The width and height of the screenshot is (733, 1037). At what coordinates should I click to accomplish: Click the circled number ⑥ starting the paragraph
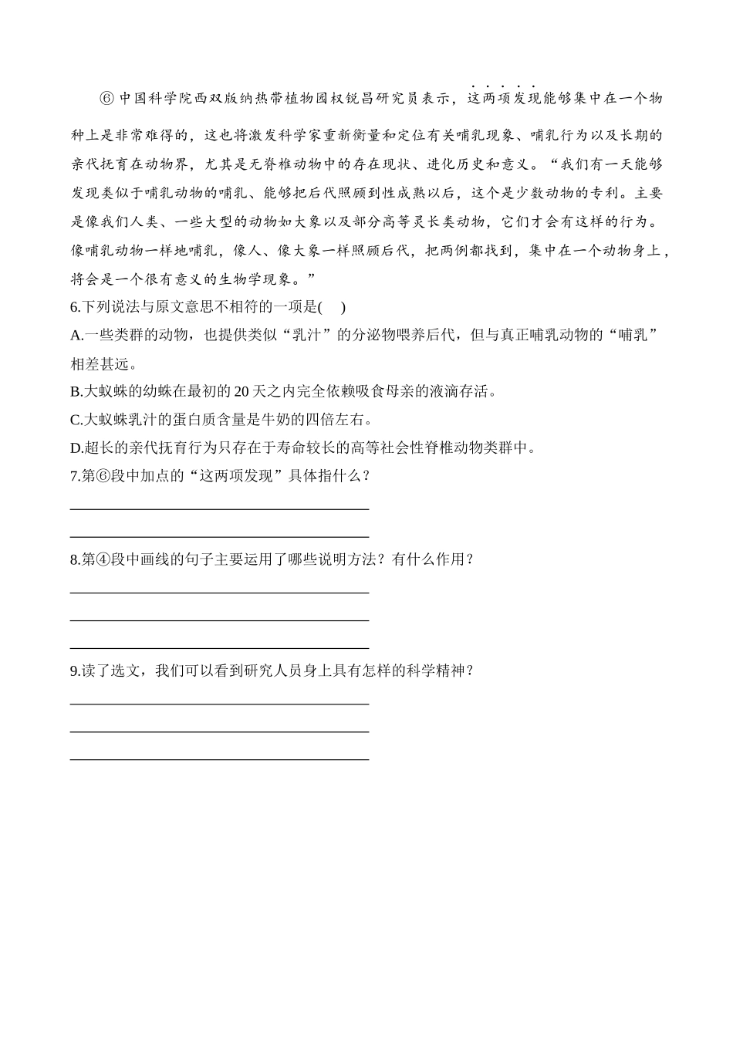point(106,98)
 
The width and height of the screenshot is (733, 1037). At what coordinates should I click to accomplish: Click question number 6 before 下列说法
point(73,307)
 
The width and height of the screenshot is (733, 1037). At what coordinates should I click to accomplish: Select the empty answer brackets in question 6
point(332,307)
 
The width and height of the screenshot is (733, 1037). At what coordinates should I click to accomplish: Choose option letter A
point(75,335)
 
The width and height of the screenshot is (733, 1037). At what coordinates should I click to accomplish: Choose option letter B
point(75,391)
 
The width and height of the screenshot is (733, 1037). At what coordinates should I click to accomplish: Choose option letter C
point(75,420)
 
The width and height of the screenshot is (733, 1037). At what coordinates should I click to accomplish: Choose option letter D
point(75,448)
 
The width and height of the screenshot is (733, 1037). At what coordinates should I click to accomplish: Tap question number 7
point(73,475)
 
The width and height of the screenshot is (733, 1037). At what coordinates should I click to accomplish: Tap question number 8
point(73,559)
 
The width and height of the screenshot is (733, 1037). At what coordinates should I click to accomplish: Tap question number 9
point(73,671)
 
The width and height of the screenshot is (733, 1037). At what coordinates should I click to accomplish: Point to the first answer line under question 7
point(219,508)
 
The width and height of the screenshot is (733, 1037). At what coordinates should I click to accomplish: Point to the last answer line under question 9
point(219,759)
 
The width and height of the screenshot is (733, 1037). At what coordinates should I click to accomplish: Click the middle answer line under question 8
point(219,620)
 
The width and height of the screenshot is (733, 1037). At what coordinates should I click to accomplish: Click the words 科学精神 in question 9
point(439,671)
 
